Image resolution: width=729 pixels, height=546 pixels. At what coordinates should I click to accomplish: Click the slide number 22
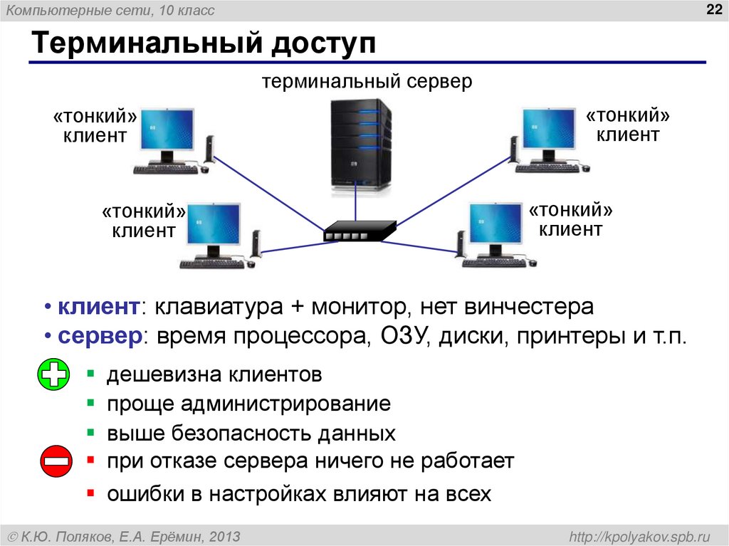(713, 9)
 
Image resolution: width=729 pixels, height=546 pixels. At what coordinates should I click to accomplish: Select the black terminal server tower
(361, 146)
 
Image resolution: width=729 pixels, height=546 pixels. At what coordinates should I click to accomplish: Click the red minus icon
(54, 461)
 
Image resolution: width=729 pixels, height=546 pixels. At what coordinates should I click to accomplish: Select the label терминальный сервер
(367, 81)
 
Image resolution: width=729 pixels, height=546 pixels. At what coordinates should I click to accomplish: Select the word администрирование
(285, 404)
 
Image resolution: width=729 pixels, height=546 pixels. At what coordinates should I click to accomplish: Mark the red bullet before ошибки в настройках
(90, 492)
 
